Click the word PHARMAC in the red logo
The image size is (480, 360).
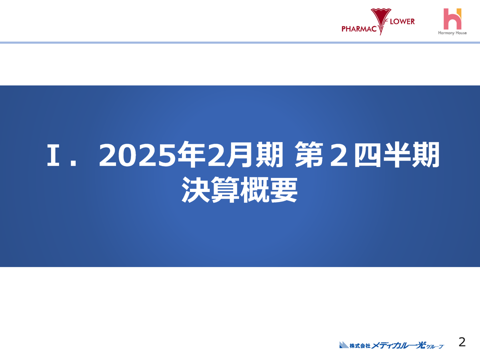pos(358,28)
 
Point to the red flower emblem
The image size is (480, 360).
pos(381,19)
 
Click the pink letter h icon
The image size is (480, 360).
pos(452,18)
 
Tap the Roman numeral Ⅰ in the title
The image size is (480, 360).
pos(53,157)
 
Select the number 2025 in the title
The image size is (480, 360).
pos(138,157)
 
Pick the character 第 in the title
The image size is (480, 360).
pos(307,157)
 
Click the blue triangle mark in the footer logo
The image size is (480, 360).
pos(343,344)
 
